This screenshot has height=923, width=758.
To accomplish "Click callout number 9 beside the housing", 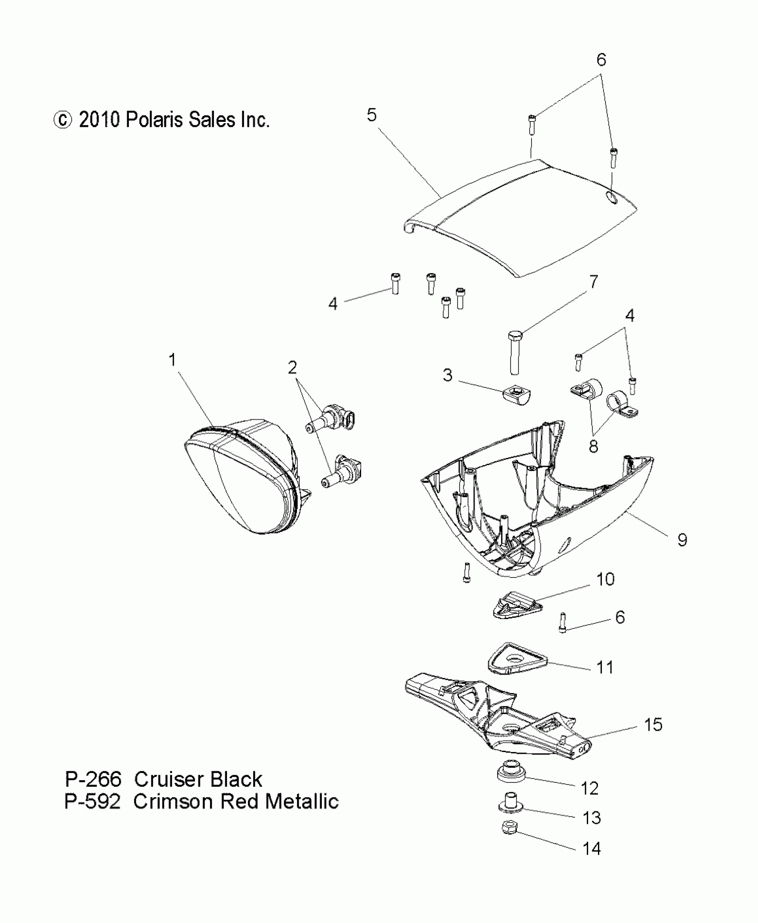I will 682,540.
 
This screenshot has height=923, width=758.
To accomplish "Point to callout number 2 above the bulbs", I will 292,367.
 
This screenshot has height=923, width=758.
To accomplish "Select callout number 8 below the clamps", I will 593,446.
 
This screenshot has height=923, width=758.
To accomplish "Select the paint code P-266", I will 93,779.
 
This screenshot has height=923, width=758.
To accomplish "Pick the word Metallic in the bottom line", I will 302,802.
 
